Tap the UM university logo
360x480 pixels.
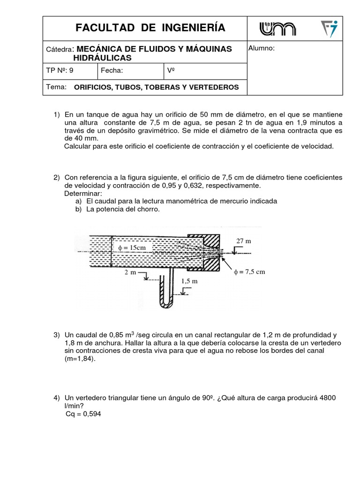[277, 29]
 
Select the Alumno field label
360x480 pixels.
[261, 48]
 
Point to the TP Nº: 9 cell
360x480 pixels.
[60, 71]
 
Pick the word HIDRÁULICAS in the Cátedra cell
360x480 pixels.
[102, 58]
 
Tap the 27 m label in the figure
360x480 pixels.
[244, 241]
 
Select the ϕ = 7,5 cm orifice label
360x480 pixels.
[250, 272]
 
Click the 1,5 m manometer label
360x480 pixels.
[189, 281]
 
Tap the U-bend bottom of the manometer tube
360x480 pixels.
[164, 305]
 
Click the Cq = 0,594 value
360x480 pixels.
[83, 414]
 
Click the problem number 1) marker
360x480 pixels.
[57, 114]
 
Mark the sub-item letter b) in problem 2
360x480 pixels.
[78, 209]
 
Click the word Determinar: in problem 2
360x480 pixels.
[82, 193]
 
